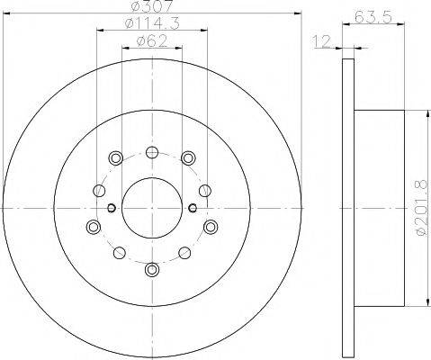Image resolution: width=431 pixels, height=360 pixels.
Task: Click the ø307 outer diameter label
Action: [152, 6]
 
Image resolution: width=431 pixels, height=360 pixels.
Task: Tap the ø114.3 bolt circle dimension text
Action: [152, 23]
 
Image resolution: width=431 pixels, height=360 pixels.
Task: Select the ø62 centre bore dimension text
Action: [152, 41]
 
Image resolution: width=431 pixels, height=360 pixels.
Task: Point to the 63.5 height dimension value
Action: [373, 17]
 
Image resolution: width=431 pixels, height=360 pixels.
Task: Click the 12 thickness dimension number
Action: [321, 41]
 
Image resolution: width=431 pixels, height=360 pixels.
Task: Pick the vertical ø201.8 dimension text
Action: [422, 208]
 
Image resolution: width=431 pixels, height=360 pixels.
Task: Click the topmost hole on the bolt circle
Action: [152, 152]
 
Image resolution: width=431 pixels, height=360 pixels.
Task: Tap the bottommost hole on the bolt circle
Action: [152, 269]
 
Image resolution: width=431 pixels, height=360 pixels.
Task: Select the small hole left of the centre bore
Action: [112, 208]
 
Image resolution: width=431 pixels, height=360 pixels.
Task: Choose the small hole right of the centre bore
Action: [193, 208]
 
